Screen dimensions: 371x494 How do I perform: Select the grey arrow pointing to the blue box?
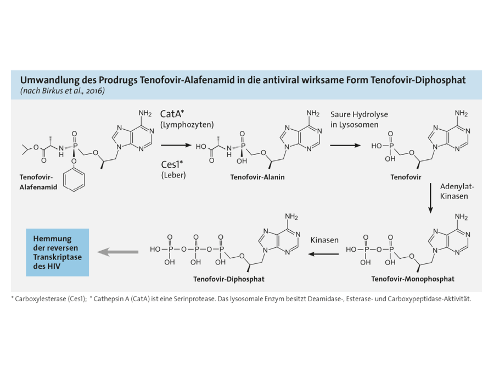(x=117, y=252)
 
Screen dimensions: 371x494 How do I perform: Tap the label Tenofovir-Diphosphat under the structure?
(x=228, y=279)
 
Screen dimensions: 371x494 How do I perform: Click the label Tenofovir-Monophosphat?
(x=412, y=279)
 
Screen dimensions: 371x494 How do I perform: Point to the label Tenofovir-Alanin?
(x=257, y=177)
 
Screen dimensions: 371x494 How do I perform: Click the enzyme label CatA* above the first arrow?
(x=172, y=114)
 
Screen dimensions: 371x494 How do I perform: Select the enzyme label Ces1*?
(x=172, y=164)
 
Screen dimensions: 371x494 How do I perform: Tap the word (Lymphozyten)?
(x=187, y=125)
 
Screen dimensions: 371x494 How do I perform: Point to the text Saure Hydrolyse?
(x=359, y=114)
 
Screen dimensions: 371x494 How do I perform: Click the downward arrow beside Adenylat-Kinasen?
(x=430, y=198)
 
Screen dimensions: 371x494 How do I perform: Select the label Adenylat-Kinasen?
(x=457, y=191)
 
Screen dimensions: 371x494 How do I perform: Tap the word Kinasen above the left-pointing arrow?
(x=325, y=240)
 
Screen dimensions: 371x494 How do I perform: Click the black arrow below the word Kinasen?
(x=323, y=254)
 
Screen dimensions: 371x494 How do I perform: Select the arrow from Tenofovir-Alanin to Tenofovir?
(x=345, y=146)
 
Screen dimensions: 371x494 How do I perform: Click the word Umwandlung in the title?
(x=48, y=80)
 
